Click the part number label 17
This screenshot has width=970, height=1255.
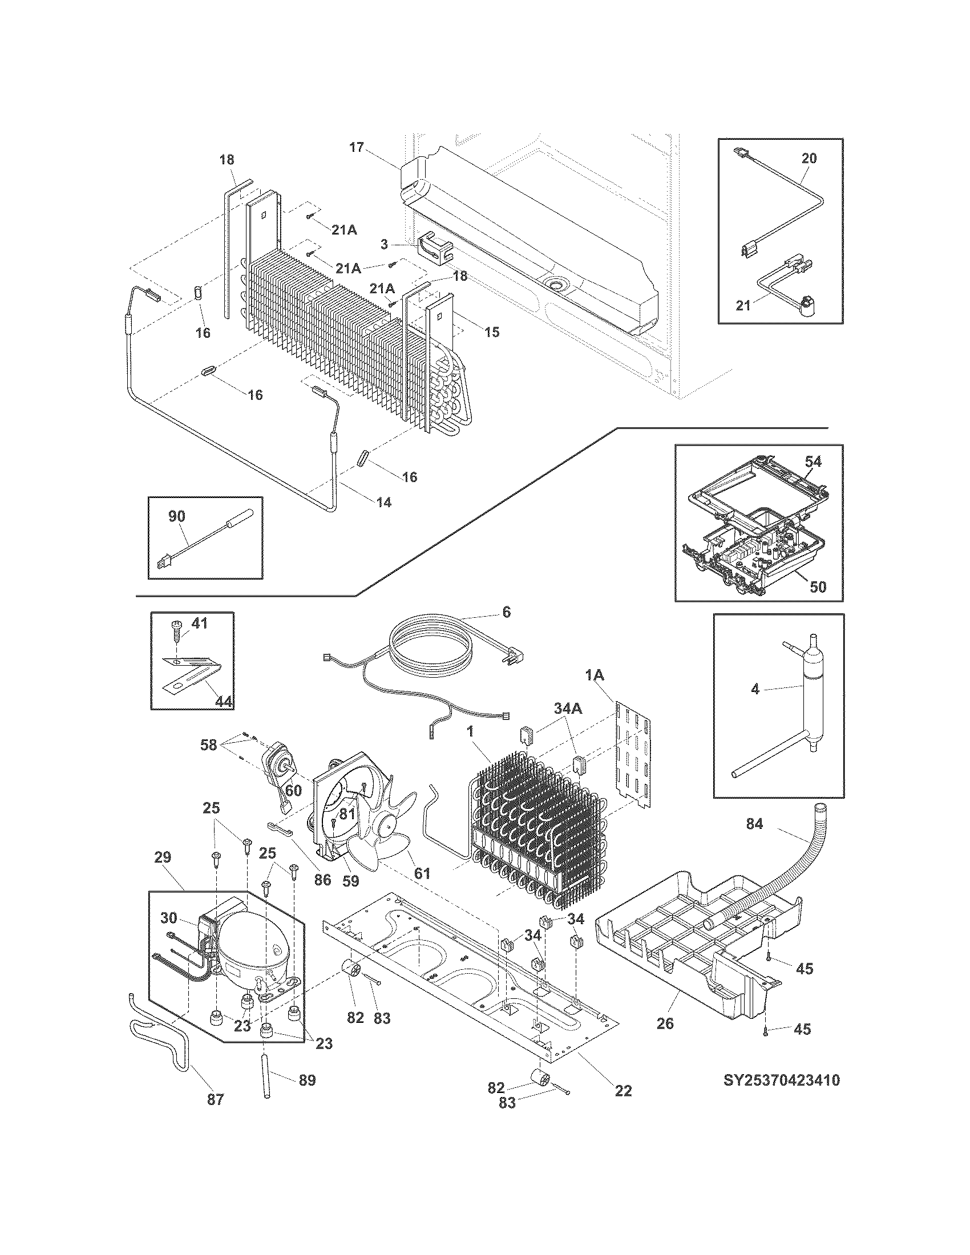(356, 147)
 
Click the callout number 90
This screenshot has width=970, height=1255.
(177, 516)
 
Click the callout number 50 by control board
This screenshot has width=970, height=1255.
(818, 586)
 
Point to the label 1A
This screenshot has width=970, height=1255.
(595, 677)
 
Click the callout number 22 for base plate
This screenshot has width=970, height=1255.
(623, 1090)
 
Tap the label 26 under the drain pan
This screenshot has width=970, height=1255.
(665, 1023)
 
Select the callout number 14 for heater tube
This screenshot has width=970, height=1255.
(383, 502)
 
